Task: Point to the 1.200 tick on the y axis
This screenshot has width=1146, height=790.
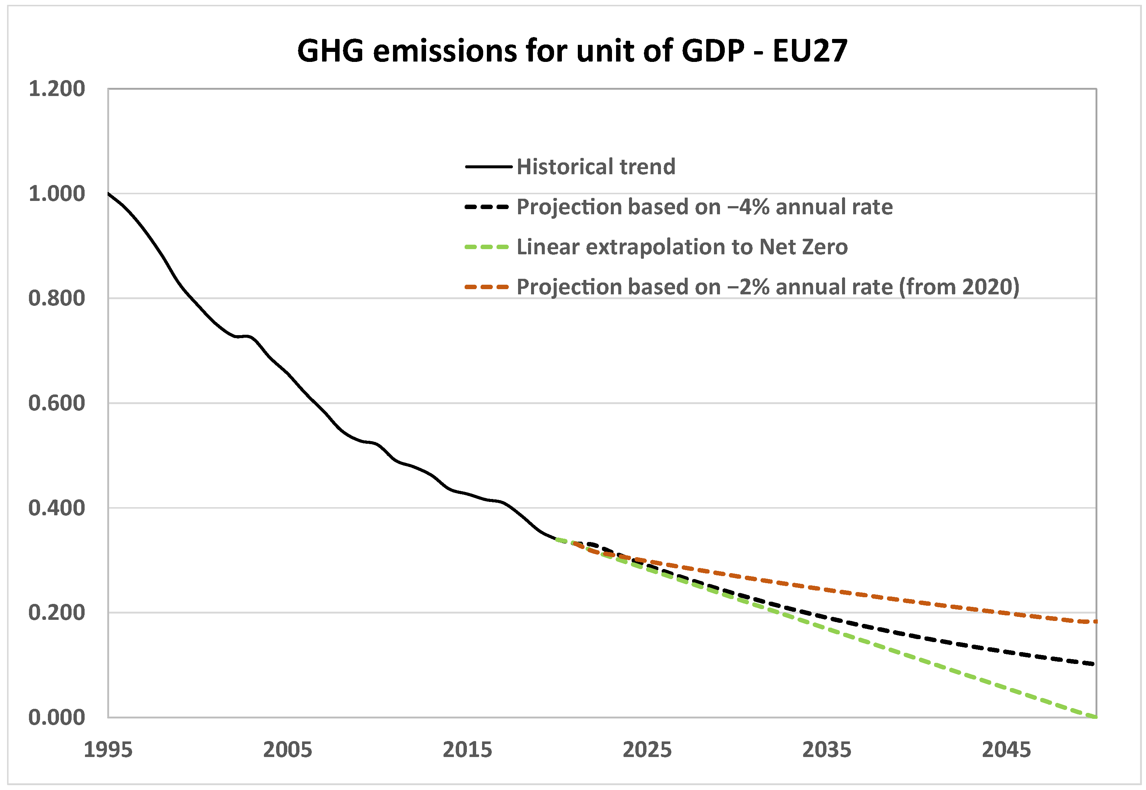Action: click(56, 89)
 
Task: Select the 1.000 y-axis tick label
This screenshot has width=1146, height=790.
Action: click(56, 194)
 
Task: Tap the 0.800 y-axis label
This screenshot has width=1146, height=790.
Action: click(56, 298)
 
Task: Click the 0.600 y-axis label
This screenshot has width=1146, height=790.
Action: click(56, 403)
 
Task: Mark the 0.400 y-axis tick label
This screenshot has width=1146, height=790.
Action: click(56, 508)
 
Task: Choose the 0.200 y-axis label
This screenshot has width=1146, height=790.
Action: click(56, 612)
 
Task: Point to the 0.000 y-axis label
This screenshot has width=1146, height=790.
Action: click(56, 717)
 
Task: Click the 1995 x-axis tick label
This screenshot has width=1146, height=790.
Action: click(108, 750)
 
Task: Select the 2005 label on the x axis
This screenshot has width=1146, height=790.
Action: click(287, 750)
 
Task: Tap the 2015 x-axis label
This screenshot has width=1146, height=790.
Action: click(467, 750)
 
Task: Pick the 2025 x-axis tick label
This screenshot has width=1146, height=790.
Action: click(647, 750)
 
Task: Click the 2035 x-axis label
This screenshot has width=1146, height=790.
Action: click(826, 750)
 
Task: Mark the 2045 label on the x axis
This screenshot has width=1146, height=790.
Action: click(1006, 750)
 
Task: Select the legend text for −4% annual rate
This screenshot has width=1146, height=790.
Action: click(704, 207)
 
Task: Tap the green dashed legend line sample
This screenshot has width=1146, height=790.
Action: click(487, 247)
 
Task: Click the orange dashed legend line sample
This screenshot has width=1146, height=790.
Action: click(487, 287)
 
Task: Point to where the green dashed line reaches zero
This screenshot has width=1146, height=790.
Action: click(1094, 716)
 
